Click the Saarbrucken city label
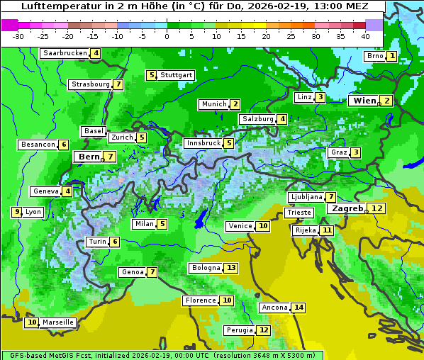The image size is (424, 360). (x=65, y=53)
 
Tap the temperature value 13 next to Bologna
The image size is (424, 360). (x=231, y=268)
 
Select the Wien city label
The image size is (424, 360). (x=366, y=101)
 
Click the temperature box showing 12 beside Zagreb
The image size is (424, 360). (x=377, y=208)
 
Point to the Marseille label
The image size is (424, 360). (x=57, y=322)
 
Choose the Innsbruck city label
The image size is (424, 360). (x=203, y=143)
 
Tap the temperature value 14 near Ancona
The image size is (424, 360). (x=299, y=308)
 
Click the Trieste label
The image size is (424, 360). (x=299, y=213)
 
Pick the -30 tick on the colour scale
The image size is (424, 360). (x=18, y=35)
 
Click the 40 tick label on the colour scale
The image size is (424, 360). (x=365, y=35)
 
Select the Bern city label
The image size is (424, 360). (x=89, y=157)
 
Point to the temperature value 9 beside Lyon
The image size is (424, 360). (x=16, y=212)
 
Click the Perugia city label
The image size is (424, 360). (x=239, y=330)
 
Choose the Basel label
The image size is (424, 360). (x=94, y=131)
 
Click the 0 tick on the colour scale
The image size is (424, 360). (x=167, y=35)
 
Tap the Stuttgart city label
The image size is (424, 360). (x=176, y=75)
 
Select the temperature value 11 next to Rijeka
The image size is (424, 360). (x=327, y=230)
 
